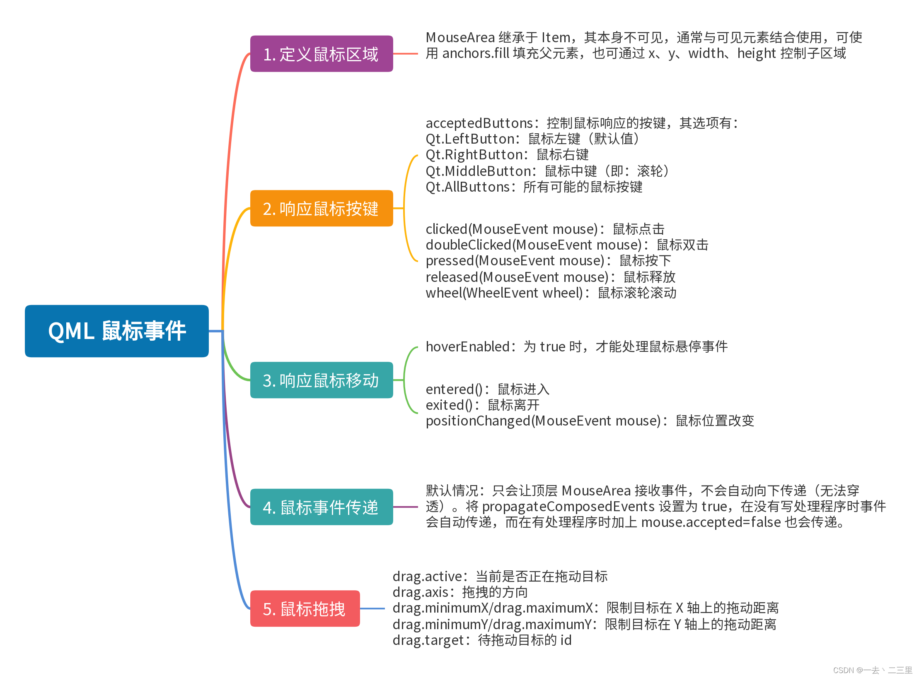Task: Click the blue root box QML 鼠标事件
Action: click(x=116, y=331)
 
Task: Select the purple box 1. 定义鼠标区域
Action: click(x=321, y=54)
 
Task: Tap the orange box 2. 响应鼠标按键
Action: click(x=321, y=208)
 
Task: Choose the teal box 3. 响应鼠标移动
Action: click(x=321, y=380)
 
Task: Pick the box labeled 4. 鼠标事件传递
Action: click(x=321, y=507)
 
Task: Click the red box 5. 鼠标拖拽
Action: click(x=305, y=608)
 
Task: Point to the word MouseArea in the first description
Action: click(x=460, y=38)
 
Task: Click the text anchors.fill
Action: click(x=475, y=53)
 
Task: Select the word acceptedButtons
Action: click(x=479, y=123)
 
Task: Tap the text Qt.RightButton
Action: click(x=475, y=155)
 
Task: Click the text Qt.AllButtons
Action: click(x=467, y=187)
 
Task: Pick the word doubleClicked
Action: click(x=468, y=245)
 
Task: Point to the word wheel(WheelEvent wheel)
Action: click(x=504, y=293)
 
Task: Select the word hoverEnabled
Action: click(x=467, y=346)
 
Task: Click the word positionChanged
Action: click(x=478, y=421)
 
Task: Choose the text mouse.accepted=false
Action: click(x=711, y=522)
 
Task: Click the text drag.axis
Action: click(x=420, y=592)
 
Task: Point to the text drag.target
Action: click(x=428, y=640)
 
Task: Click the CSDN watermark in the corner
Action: click(x=872, y=670)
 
